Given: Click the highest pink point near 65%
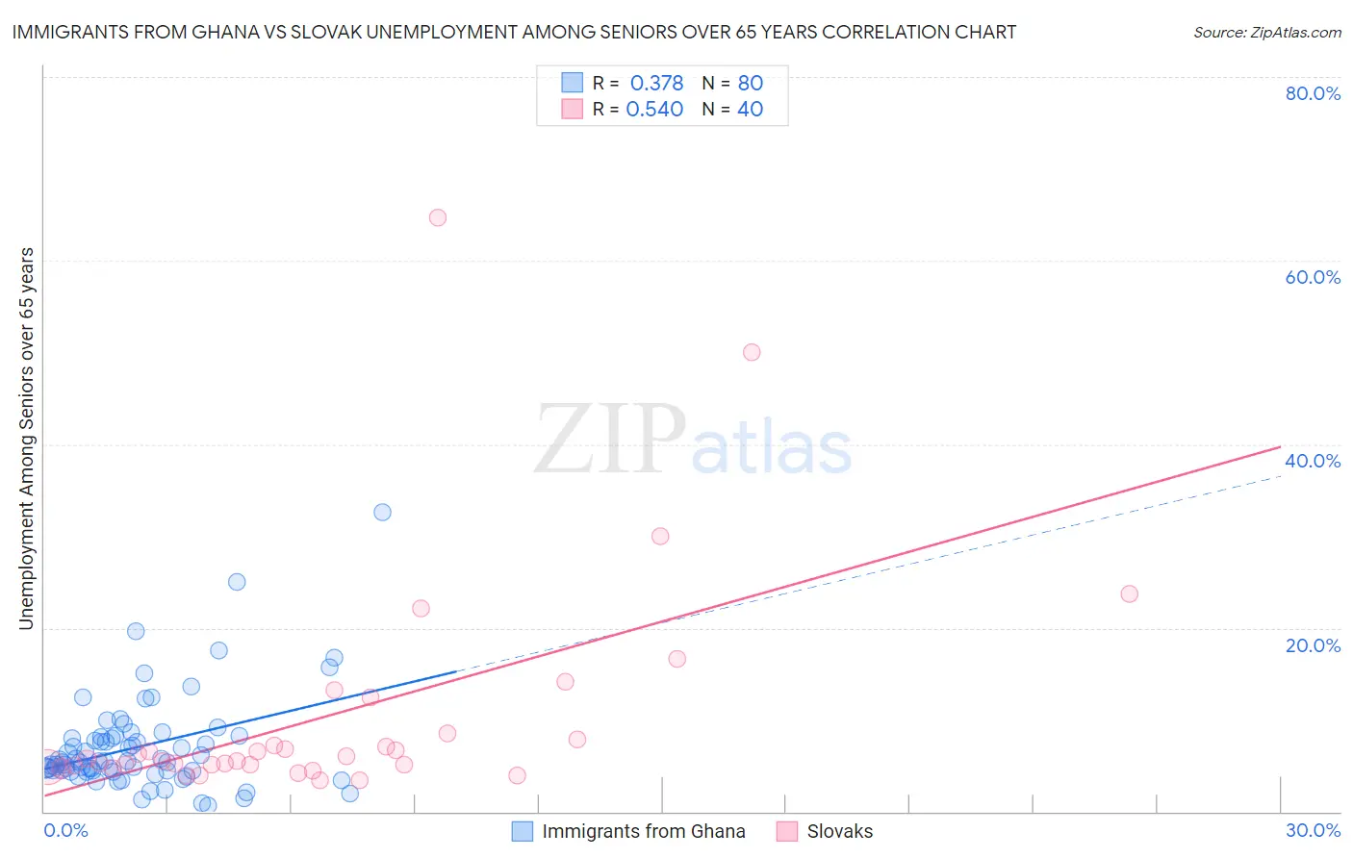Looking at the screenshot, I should [438, 217].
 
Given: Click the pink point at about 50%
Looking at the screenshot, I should [752, 352].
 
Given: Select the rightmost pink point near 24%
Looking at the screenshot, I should [1130, 593].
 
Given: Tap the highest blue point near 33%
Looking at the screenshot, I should [382, 512].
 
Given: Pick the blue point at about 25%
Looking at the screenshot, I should [237, 582].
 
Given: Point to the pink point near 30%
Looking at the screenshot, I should [660, 536].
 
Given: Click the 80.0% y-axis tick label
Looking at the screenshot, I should [1313, 93].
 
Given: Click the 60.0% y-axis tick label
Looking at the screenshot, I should [1313, 277].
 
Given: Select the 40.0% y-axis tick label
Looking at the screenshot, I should [1313, 461].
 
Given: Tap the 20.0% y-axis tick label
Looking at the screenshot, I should [1313, 644].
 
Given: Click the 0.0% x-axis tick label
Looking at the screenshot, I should [65, 830].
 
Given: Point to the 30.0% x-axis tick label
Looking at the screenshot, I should [1313, 830].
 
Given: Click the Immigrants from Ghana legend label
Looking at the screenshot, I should [643, 831].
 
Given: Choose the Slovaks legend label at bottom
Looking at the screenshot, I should [839, 831].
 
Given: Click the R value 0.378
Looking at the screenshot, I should [656, 83].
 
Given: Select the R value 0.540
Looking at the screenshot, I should [654, 109].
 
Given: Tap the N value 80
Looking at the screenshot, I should [750, 83].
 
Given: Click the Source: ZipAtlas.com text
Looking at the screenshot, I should [1266, 32].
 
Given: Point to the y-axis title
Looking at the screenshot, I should [26, 439].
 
